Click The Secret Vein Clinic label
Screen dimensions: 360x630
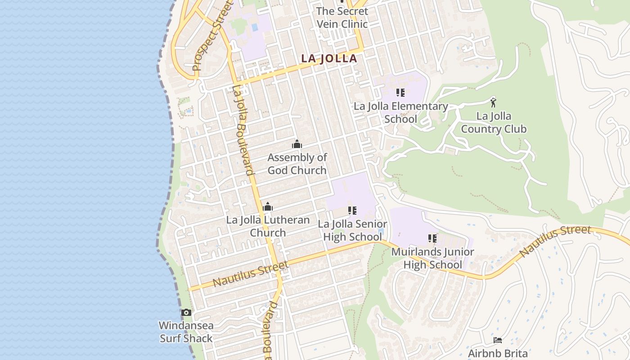point(342,18)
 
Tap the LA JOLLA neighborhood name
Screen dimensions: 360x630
point(329,58)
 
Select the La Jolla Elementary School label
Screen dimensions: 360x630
point(400,112)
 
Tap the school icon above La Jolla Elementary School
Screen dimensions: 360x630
point(400,93)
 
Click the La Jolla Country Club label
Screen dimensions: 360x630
point(494,122)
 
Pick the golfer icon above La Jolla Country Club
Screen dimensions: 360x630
point(493,103)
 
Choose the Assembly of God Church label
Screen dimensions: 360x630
point(297,164)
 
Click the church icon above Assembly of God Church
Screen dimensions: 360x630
point(297,144)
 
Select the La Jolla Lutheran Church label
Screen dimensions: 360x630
point(268,226)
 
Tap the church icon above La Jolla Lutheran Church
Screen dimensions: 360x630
point(268,207)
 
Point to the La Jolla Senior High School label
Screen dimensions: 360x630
point(352,230)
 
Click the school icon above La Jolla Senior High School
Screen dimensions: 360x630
point(352,210)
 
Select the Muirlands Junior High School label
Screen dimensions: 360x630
point(432,258)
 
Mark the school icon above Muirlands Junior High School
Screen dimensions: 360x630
point(432,238)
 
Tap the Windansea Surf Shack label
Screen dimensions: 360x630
point(186,332)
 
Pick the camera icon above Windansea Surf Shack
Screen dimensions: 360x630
point(186,312)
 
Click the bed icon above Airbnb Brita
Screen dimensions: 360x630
point(498,340)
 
